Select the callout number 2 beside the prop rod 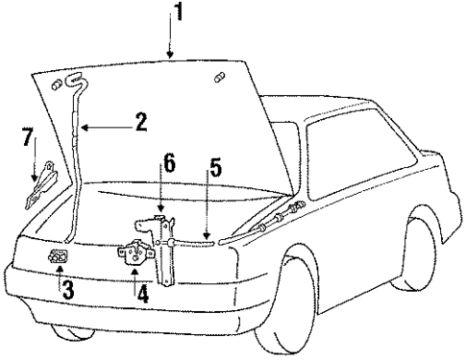point(140,123)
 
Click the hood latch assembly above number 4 point(133,256)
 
